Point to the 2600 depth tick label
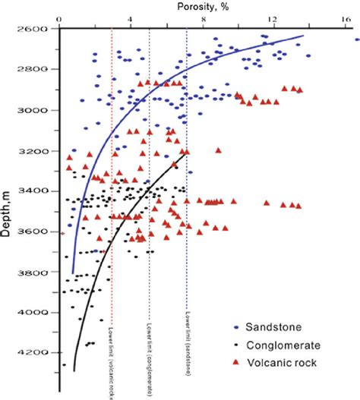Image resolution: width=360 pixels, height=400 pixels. [34, 29]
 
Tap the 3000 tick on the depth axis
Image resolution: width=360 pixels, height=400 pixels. [34, 110]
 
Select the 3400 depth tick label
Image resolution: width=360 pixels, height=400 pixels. [34, 191]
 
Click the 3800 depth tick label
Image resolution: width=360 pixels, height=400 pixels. [34, 272]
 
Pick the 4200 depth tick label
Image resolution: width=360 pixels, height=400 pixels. [34, 352]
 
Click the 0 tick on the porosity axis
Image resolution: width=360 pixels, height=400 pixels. [59, 17]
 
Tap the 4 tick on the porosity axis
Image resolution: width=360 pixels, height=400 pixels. [131, 17]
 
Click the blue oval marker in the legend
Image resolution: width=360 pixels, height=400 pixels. [236, 327]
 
